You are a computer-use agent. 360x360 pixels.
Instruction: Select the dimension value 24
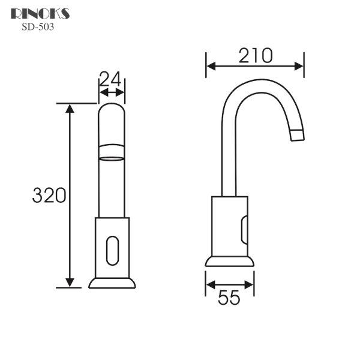click(110, 79)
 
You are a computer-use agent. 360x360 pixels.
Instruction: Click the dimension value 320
click(49, 195)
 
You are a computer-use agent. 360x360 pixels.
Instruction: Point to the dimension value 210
click(256, 55)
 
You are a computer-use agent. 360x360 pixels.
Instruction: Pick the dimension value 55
click(229, 298)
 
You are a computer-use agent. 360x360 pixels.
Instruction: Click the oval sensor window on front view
click(112, 250)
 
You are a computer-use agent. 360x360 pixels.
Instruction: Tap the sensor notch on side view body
click(244, 230)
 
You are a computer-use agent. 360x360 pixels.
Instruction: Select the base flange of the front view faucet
click(112, 282)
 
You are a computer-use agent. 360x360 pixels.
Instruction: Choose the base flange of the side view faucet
click(229, 261)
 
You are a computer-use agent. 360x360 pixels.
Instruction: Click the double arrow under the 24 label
click(112, 92)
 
